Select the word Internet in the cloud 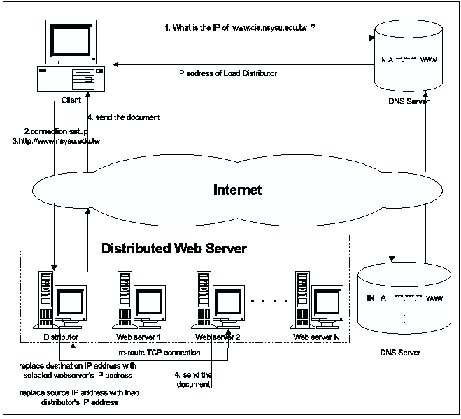237,189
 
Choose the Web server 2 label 218,337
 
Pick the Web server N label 316,337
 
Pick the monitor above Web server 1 149,302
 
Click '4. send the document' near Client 123,117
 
